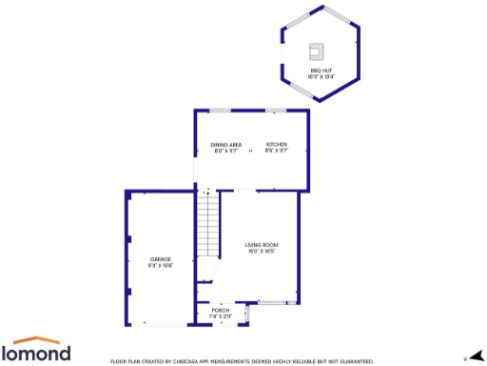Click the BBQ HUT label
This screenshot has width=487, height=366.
[x=321, y=71]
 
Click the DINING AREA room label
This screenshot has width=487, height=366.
[x=225, y=144]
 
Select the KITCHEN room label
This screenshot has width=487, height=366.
[x=276, y=144]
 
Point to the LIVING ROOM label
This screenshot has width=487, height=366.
[x=261, y=246]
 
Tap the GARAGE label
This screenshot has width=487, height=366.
[x=160, y=259]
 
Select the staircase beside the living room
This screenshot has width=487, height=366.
[x=208, y=223]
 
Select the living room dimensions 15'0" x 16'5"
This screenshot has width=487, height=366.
[x=261, y=252]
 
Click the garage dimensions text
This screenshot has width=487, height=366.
[x=160, y=265]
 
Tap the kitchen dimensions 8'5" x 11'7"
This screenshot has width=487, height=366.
[x=276, y=150]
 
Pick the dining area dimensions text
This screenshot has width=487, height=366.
[x=225, y=150]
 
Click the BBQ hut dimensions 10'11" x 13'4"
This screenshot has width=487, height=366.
[x=321, y=76]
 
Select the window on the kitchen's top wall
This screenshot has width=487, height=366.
[x=277, y=111]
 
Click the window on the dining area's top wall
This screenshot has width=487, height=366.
[x=220, y=111]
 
